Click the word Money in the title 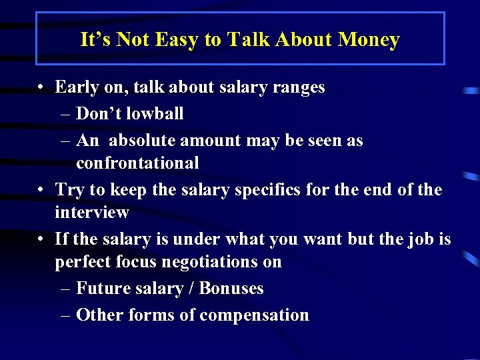pyautogui.click(x=369, y=40)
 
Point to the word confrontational pyautogui.click(x=137, y=163)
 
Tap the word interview pyautogui.click(x=92, y=213)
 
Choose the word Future pyautogui.click(x=103, y=289)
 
